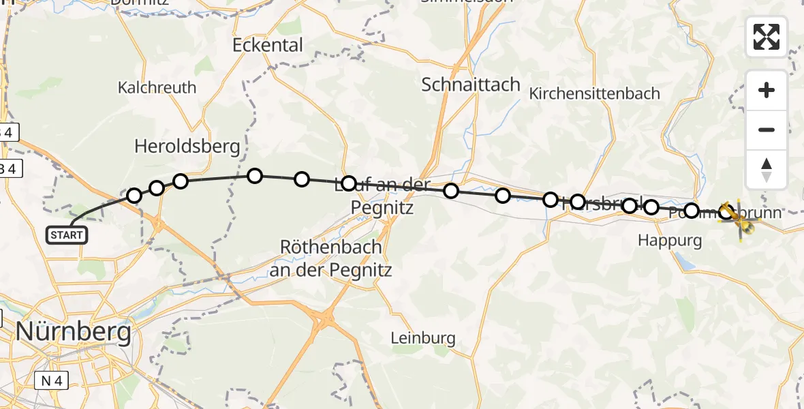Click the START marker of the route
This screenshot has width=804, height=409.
66,235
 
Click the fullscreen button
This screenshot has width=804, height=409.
767,37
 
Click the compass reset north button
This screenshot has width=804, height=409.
767,169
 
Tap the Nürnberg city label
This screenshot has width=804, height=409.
73,332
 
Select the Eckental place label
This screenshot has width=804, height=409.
267,45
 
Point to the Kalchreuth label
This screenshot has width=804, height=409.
157,87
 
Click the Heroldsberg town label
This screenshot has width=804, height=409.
187,146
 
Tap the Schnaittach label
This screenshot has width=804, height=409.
470,85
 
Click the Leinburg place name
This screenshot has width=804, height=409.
422,337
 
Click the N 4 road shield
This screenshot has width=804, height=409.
50,381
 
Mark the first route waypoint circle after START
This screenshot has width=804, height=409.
134,196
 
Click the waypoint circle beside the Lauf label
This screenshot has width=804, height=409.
349,183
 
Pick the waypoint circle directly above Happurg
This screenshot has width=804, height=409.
651,207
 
